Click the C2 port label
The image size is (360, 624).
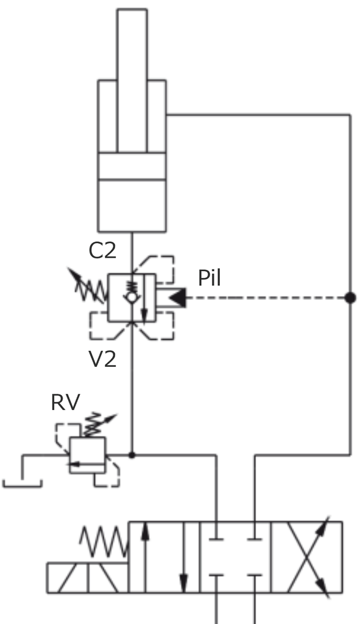pos(102,250)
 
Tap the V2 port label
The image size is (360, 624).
pos(102,359)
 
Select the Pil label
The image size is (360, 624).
pos(209,278)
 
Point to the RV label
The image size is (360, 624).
pos(66,402)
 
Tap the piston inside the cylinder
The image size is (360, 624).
pos(132,166)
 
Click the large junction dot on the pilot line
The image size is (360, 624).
pos(350,297)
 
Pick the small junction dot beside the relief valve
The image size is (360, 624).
pos(132,455)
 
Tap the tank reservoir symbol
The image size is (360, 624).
pos(23,483)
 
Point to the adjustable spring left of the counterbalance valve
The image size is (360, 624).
pos(88,286)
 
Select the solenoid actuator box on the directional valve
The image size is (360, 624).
pos(88,578)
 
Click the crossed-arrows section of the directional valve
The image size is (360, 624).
pos(306,557)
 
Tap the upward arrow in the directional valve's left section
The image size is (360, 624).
pos(145,557)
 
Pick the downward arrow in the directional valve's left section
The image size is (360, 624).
pos(183,557)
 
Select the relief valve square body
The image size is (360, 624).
pos(88,455)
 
